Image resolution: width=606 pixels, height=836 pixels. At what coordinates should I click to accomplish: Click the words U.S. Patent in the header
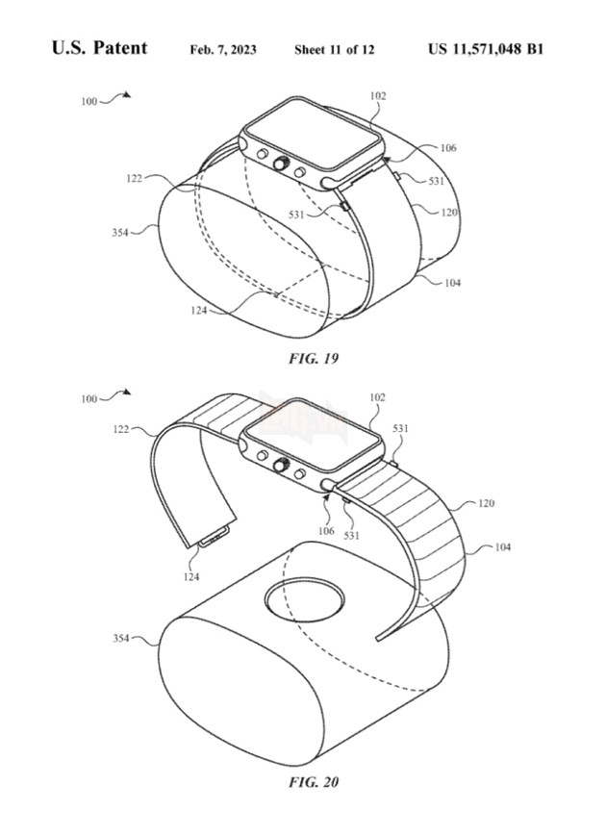pyautogui.click(x=99, y=48)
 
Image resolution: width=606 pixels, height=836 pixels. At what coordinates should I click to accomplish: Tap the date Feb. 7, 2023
pyautogui.click(x=223, y=50)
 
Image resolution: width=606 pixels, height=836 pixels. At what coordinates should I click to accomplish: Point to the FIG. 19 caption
pyautogui.click(x=314, y=359)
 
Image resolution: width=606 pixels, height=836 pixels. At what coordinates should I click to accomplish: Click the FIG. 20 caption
pyautogui.click(x=314, y=781)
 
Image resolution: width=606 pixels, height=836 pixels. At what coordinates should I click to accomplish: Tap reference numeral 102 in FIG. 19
pyautogui.click(x=378, y=96)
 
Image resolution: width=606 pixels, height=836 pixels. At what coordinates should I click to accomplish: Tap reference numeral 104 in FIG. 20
pyautogui.click(x=503, y=547)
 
